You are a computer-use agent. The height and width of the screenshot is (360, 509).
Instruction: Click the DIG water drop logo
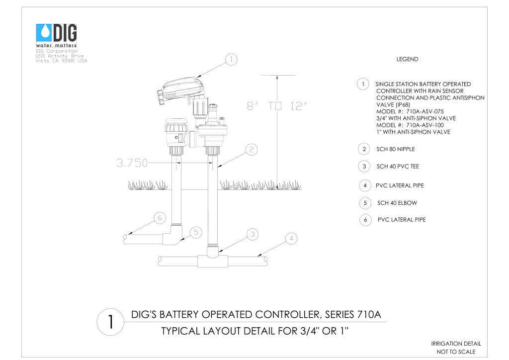(x=44, y=33)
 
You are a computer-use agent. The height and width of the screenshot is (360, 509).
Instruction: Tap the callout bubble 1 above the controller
(x=231, y=59)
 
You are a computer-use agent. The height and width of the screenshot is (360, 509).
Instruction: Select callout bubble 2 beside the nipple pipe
(x=251, y=150)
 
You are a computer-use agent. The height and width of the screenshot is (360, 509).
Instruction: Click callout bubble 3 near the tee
(x=252, y=234)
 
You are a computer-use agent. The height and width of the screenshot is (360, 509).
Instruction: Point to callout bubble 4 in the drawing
(x=291, y=239)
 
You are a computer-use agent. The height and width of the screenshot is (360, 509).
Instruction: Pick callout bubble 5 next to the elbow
(x=196, y=232)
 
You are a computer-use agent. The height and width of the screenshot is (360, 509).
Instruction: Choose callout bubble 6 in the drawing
(x=160, y=218)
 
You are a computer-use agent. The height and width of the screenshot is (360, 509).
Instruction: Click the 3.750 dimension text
(x=132, y=163)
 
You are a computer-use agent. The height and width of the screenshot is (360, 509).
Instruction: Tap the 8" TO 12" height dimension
(x=276, y=106)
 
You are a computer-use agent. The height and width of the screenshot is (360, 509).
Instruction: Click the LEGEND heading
(x=407, y=59)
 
